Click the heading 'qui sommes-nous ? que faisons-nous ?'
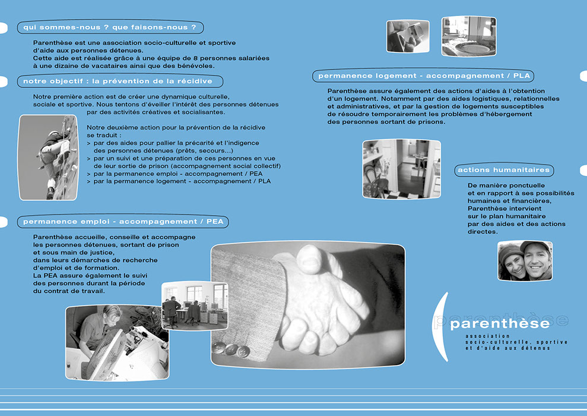pos(110,27)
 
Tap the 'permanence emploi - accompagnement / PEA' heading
pos(123,222)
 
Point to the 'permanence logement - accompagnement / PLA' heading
pos(423,75)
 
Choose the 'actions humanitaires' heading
pos(504,170)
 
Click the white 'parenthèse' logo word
pos(500,323)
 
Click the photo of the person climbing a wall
pos(48,157)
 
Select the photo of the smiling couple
pos(525,260)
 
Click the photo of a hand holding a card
pos(408,36)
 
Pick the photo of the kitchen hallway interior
pos(402,169)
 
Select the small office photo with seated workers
pos(195,306)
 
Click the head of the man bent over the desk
pos(111,314)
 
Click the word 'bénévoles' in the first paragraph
pos(198,66)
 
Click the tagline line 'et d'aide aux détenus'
pos(507,348)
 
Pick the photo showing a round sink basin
pos(469,36)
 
